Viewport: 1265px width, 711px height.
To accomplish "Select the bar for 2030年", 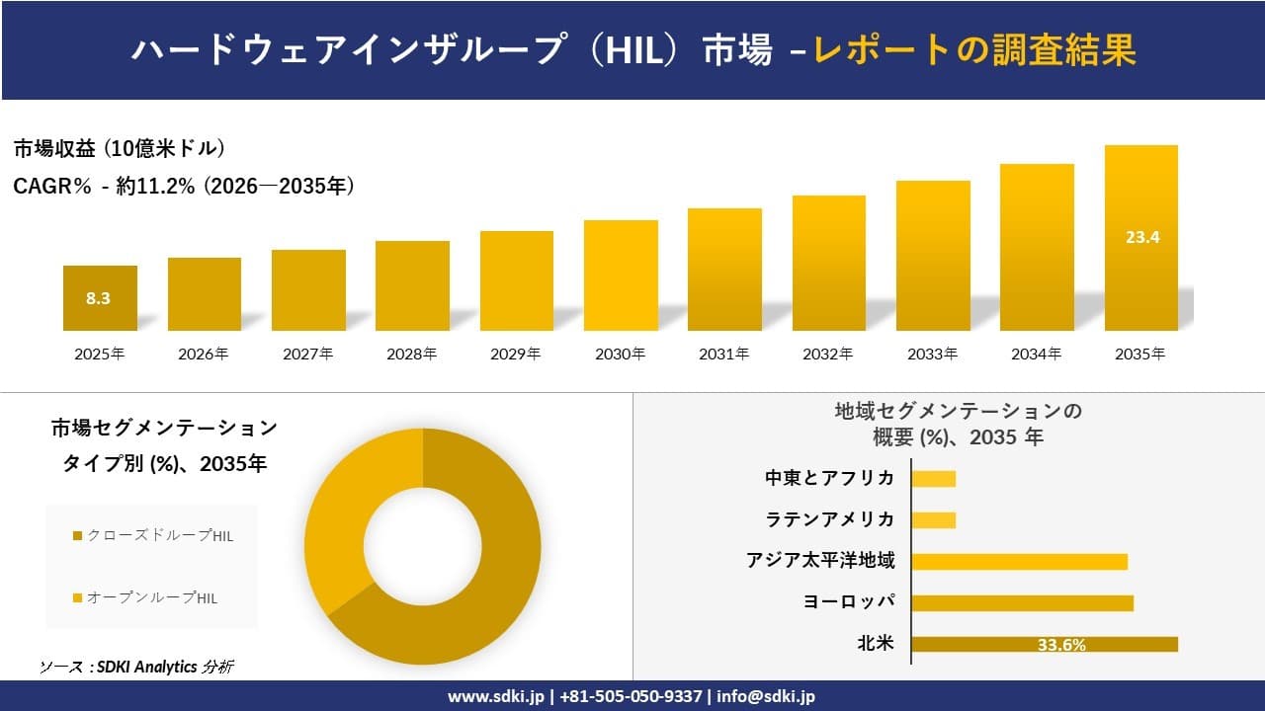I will pyautogui.click(x=621, y=276).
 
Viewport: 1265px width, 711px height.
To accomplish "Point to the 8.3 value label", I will pyautogui.click(x=98, y=298).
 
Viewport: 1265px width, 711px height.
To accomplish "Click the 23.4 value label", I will pyautogui.click(x=1141, y=237).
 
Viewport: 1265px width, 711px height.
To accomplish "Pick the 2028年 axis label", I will pyautogui.click(x=411, y=354).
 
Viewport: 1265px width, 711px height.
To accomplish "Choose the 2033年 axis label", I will pyautogui.click(x=932, y=354).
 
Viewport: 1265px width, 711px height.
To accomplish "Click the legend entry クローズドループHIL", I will pyautogui.click(x=153, y=535).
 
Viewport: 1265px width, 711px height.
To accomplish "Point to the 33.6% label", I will pyautogui.click(x=1061, y=645).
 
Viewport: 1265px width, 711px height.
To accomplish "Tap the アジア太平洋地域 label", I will pyautogui.click(x=820, y=561).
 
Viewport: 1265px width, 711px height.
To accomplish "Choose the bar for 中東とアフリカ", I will pyautogui.click(x=933, y=479).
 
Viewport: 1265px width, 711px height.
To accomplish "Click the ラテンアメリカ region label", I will pyautogui.click(x=830, y=519).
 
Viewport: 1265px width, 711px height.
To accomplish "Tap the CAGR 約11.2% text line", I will pyautogui.click(x=184, y=186).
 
